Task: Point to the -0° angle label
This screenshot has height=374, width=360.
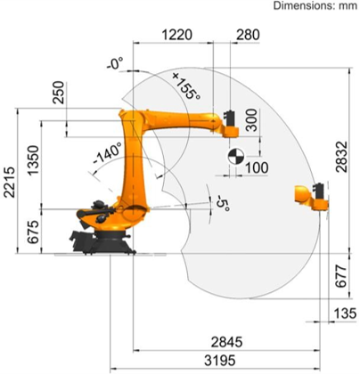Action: click(113, 64)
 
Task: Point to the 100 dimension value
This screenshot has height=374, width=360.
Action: click(258, 167)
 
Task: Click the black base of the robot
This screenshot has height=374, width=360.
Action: click(100, 238)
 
